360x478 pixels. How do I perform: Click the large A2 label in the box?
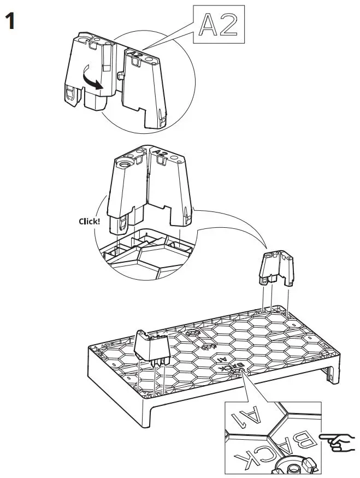(x=218, y=25)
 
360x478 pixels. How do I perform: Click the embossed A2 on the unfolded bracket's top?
(x=136, y=55)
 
